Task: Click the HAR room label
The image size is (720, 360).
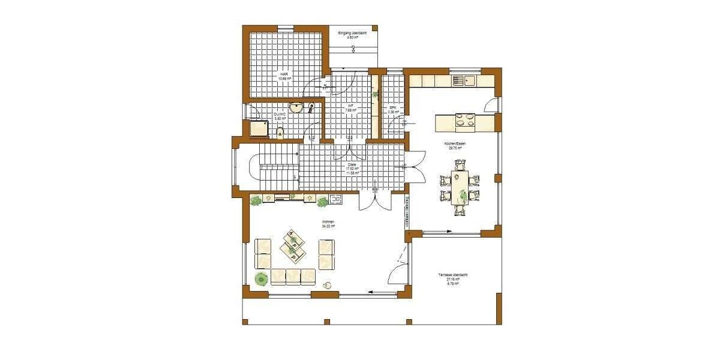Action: click(284, 74)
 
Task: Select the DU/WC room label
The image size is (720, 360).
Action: click(280, 114)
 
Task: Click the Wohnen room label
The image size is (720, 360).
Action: click(327, 222)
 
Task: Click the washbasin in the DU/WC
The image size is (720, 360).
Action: click(296, 109)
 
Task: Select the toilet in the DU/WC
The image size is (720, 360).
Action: click(280, 132)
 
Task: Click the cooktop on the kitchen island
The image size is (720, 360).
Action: click(463, 122)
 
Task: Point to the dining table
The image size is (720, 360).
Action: click(460, 187)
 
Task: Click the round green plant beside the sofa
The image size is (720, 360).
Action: click(262, 278)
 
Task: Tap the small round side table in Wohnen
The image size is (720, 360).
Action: click(327, 285)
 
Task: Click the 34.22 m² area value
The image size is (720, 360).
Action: click(327, 226)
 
